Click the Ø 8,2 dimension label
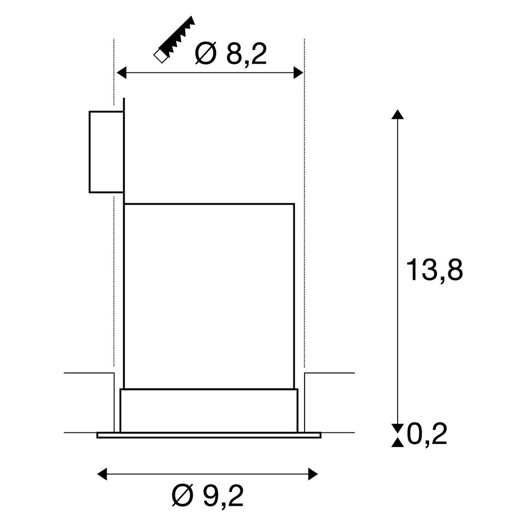(231, 54)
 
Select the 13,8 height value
(434, 270)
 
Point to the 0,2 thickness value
(427, 434)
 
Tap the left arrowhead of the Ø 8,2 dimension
(121, 72)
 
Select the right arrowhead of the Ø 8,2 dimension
(298, 72)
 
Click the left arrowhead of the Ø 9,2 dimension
(102, 474)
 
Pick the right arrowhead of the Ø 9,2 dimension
(312, 474)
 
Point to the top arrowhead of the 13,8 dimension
(398, 114)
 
